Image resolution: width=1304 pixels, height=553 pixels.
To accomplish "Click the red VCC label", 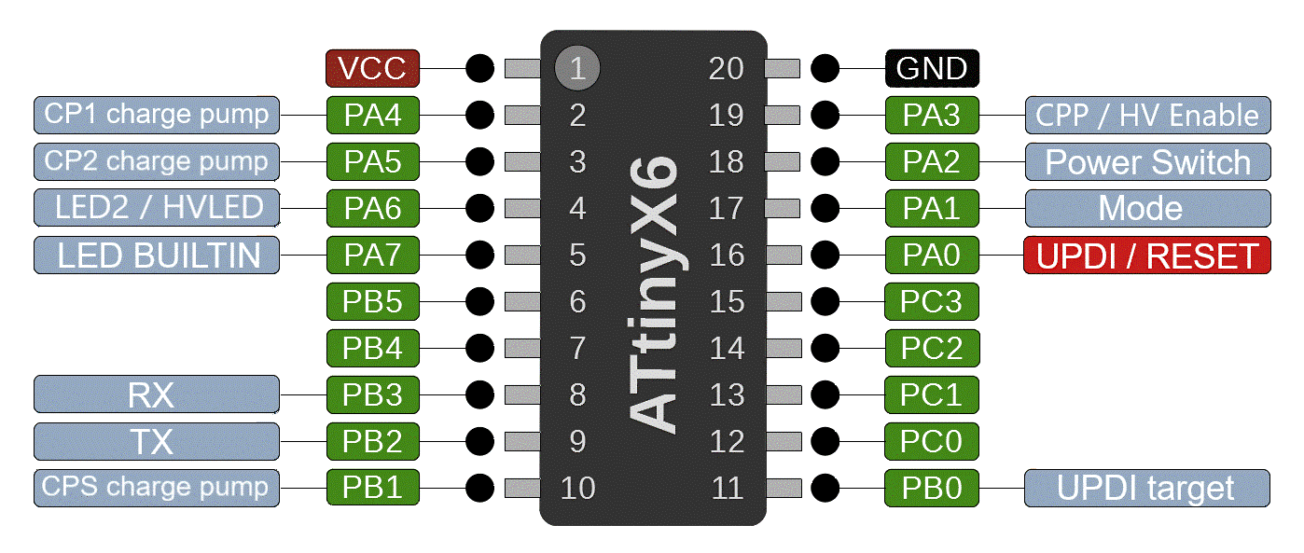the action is (372, 68).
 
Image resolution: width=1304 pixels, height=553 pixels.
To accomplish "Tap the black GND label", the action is (931, 68).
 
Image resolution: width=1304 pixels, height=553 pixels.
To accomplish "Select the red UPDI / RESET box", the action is (1147, 256).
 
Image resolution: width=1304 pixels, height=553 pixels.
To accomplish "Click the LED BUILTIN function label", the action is (157, 256).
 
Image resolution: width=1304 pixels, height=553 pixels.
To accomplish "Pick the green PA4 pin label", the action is (372, 115).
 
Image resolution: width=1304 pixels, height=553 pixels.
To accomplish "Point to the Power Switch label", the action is (1147, 162).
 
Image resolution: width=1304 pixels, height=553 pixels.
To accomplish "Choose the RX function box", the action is (157, 394).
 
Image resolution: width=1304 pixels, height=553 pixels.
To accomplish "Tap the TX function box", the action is (157, 441).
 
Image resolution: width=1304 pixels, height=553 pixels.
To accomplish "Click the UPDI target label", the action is (1147, 488).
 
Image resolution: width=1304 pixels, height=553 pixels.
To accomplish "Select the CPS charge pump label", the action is (157, 487).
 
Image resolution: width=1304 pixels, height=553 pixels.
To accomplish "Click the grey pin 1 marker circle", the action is (576, 68).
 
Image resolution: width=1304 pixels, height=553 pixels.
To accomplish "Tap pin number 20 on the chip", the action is (727, 68).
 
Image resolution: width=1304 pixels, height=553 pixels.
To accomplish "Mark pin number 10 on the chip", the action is (577, 488).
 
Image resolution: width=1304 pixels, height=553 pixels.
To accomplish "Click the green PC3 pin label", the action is (931, 301).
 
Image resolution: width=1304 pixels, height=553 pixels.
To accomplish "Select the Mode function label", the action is (1147, 209).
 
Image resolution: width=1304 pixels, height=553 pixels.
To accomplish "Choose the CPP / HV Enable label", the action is (1147, 116).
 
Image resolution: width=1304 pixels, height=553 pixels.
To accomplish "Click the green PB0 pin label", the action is (931, 488).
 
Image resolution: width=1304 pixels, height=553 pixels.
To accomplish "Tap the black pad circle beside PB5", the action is (479, 301).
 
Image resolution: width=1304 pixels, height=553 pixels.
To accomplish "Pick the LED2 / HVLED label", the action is (157, 208).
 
